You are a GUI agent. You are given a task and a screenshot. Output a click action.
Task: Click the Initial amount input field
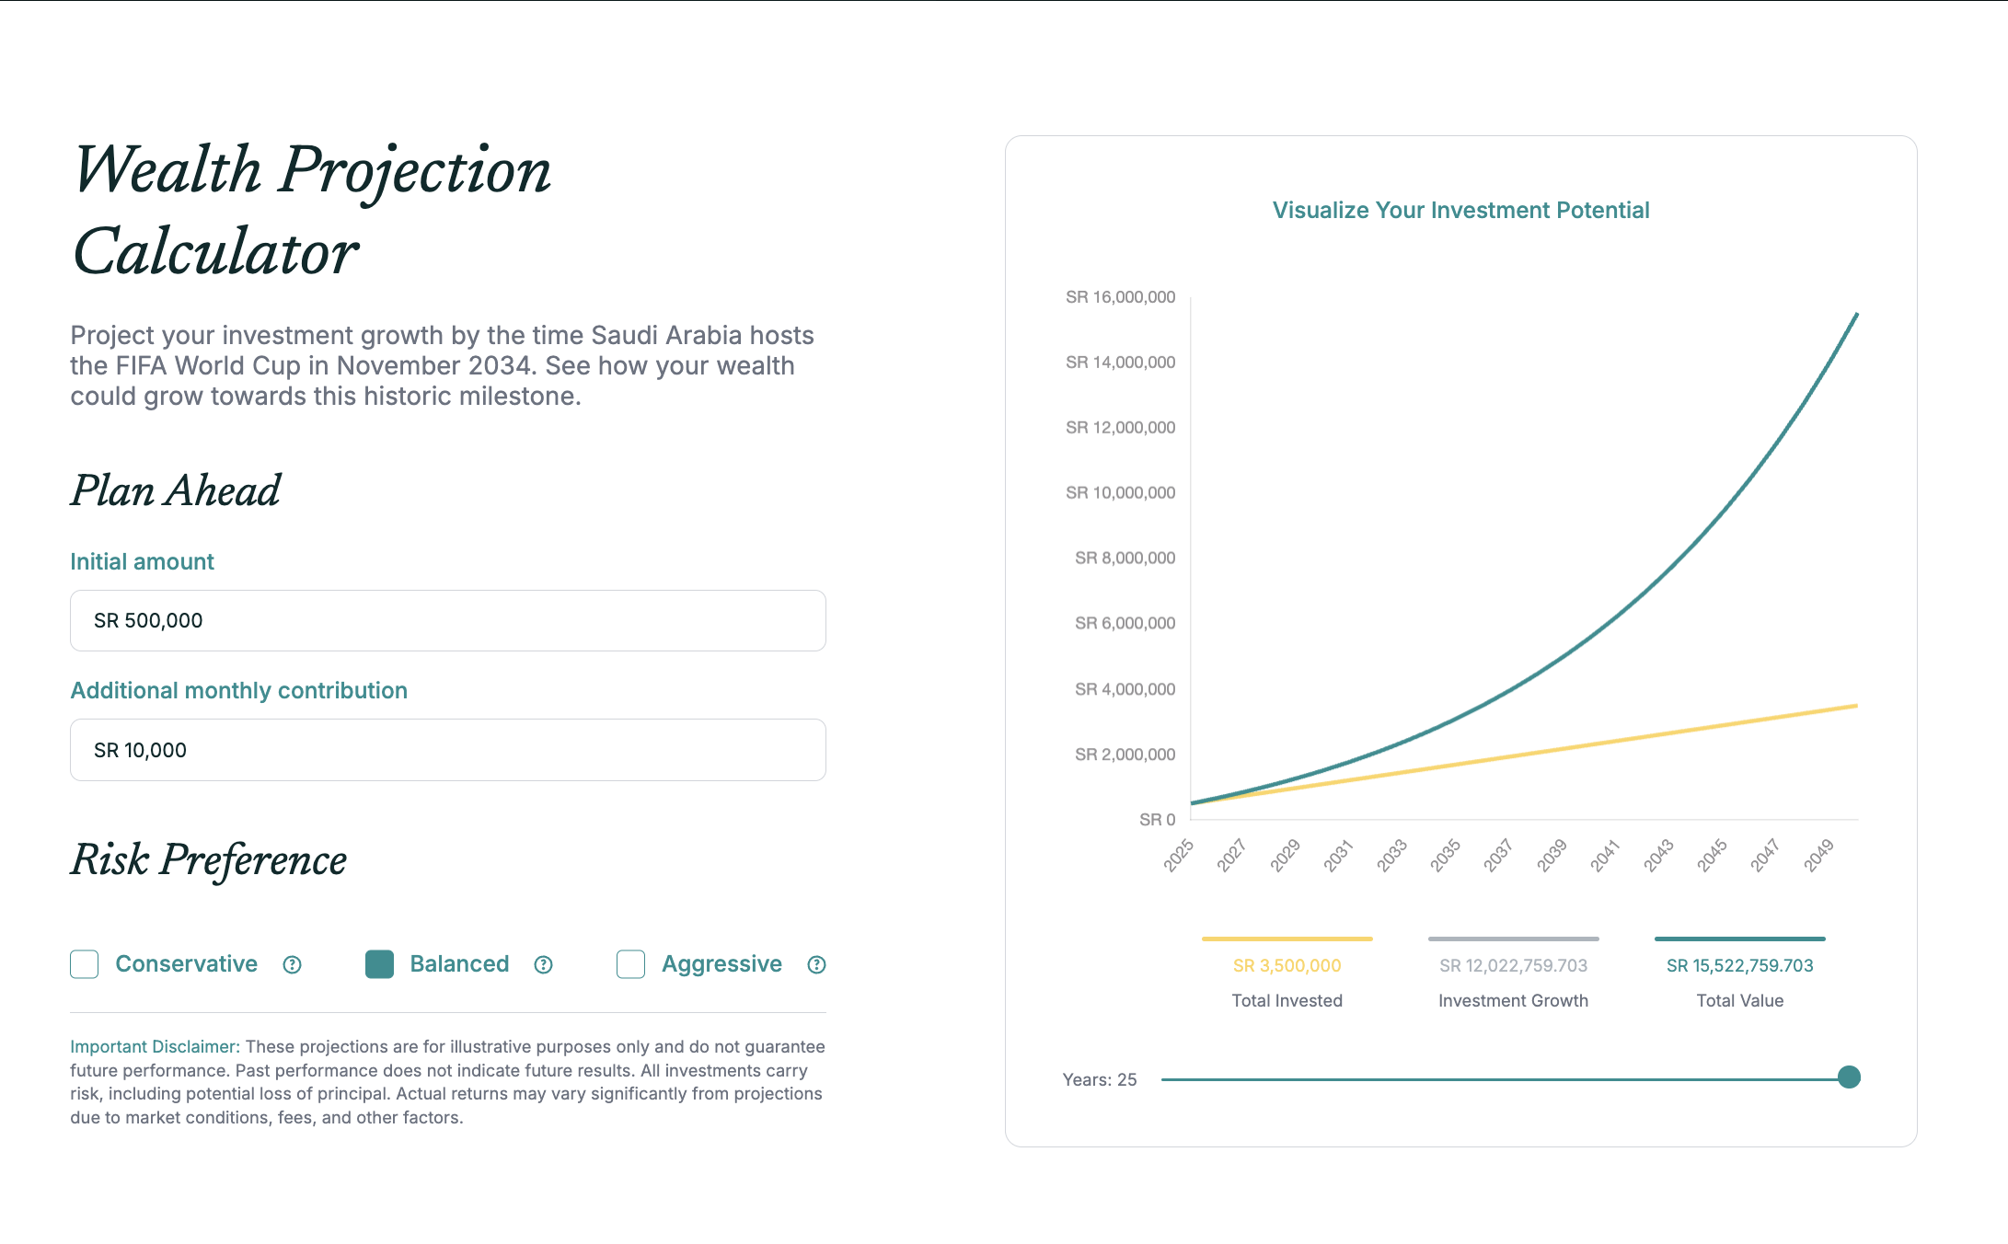(x=447, y=621)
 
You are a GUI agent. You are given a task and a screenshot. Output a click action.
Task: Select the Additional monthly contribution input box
(x=447, y=750)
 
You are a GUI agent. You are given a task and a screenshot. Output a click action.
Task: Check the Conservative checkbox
(x=85, y=964)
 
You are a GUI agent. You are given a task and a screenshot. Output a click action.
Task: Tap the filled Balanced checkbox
(x=379, y=964)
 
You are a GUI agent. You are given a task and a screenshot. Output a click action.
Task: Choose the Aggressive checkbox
(x=630, y=964)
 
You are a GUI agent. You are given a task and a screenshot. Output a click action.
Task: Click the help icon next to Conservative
(x=293, y=964)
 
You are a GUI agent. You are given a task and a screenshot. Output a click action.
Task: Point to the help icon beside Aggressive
(x=816, y=964)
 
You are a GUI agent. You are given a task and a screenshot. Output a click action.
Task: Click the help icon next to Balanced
(x=544, y=964)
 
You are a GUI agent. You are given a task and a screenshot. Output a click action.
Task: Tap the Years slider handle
(x=1849, y=1077)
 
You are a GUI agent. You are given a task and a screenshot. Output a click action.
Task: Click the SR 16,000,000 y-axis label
(x=1120, y=297)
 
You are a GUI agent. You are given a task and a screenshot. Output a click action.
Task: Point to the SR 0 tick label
(x=1157, y=820)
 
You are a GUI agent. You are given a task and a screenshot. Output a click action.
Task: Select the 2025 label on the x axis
(x=1179, y=855)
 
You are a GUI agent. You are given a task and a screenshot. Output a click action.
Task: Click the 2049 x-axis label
(x=1818, y=855)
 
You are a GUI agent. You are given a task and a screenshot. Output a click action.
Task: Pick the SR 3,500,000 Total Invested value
(x=1287, y=965)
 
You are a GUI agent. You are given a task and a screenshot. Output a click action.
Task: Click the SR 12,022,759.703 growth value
(x=1513, y=965)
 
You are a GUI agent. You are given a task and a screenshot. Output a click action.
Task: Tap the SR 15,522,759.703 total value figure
(x=1739, y=965)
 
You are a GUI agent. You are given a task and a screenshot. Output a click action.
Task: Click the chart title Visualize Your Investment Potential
(x=1460, y=211)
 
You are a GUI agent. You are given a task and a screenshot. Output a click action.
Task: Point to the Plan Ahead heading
(x=176, y=490)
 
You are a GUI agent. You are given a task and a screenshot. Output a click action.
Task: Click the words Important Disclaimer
(x=155, y=1047)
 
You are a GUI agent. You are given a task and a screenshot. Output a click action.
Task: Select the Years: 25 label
(x=1100, y=1079)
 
